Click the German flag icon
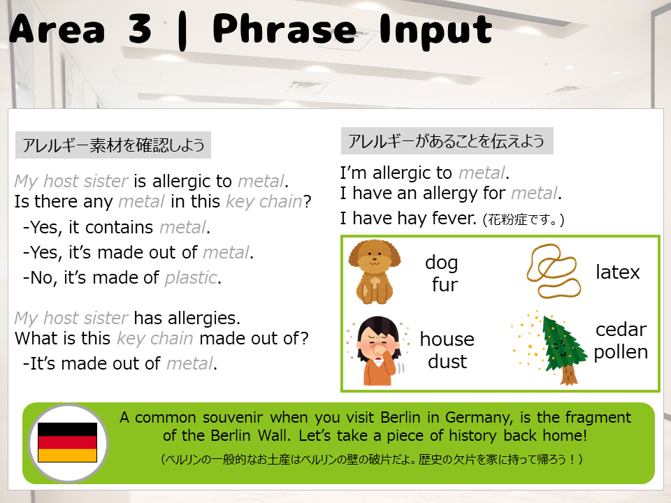pos(68,443)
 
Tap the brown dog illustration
pos(374,272)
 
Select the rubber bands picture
pos(554,271)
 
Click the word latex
pos(617,272)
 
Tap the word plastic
pos(191,278)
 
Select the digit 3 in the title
pos(140,29)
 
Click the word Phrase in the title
pos(284,29)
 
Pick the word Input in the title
pos(435,30)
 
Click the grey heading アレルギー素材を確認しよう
pos(113,145)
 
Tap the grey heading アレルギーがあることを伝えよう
pos(447,140)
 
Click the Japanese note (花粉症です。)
pos(524,220)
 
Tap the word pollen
pos(621,352)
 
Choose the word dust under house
pos(447,361)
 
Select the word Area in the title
pos(57,29)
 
